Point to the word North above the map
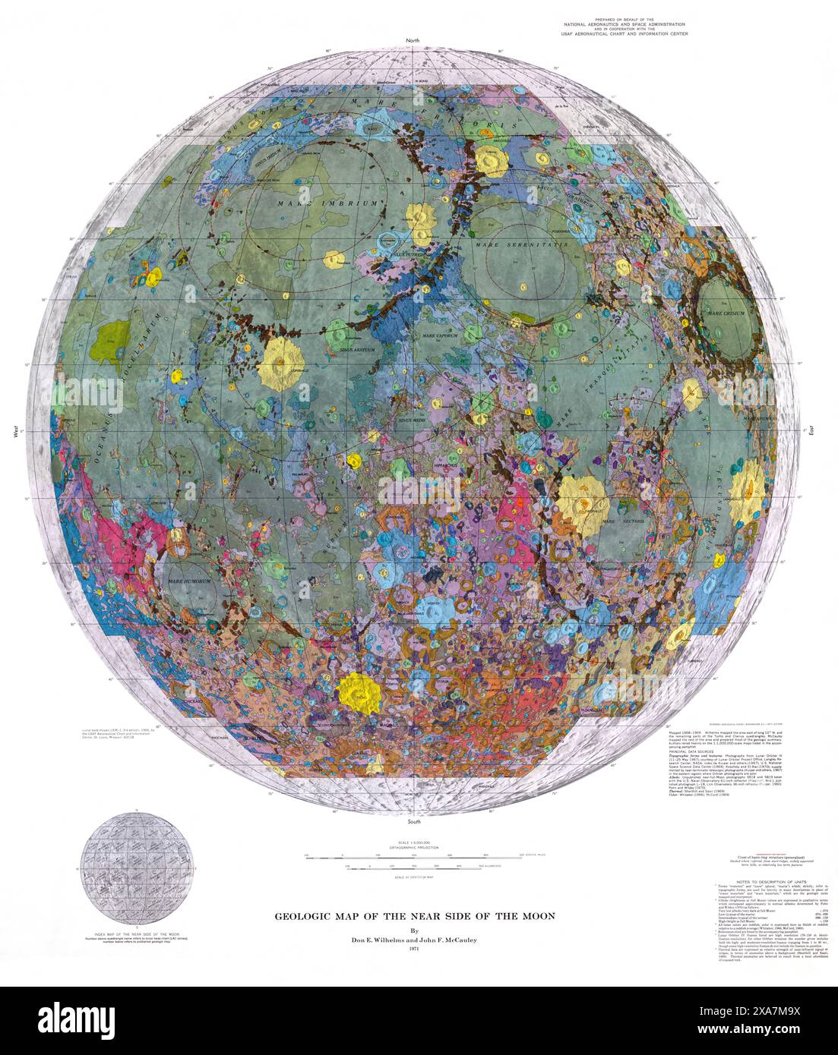tap(413, 39)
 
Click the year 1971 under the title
tap(414, 949)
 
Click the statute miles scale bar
tap(414, 855)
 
